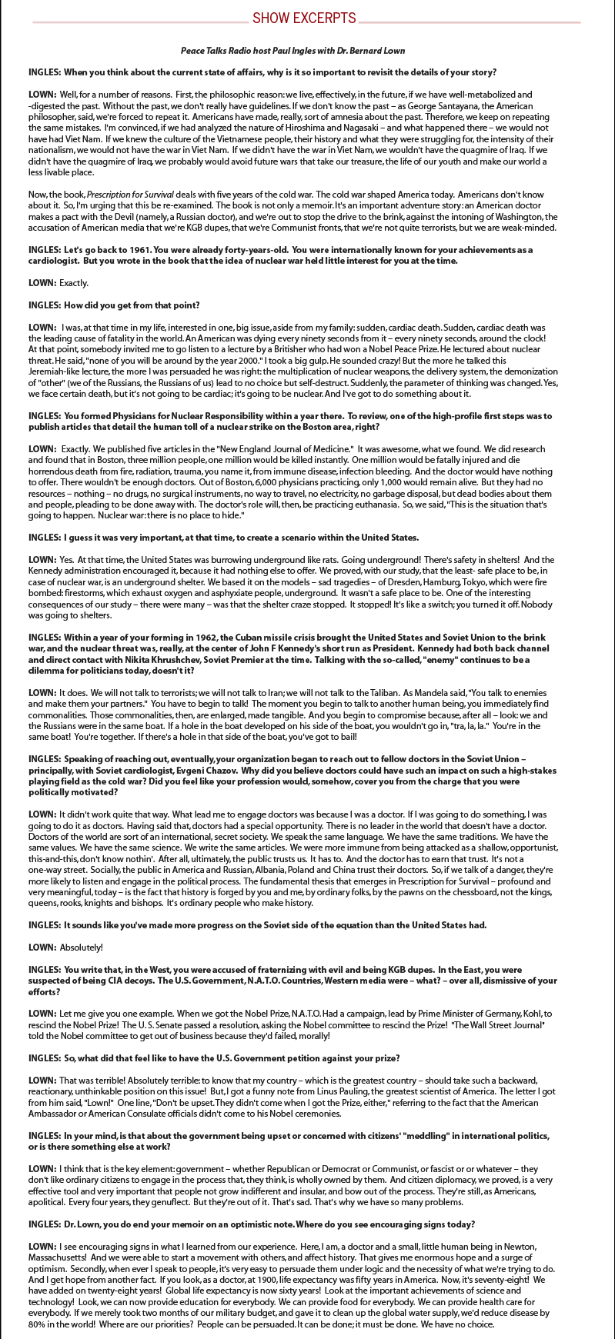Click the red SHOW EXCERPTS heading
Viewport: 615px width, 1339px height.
[304, 18]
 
